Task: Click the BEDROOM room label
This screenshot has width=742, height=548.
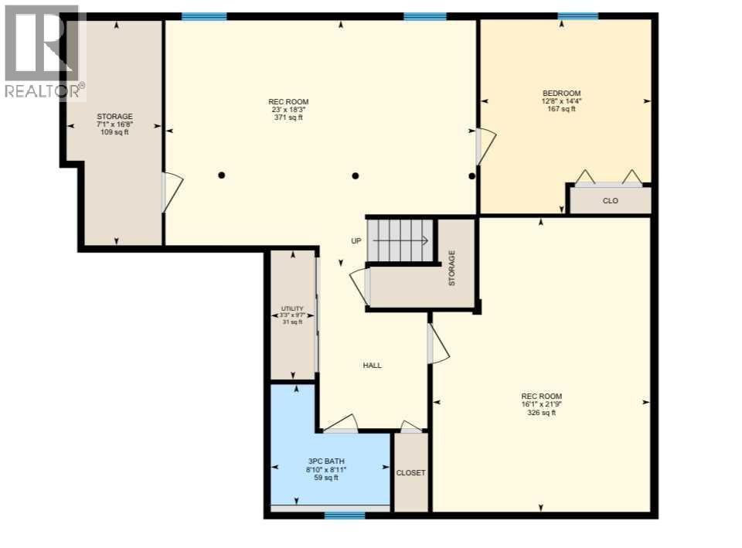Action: coord(561,94)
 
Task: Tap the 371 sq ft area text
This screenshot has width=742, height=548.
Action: coord(288,117)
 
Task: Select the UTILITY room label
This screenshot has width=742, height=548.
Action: coord(292,308)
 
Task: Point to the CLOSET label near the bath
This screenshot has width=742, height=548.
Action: coord(410,473)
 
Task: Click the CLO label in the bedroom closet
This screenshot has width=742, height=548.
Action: coord(611,200)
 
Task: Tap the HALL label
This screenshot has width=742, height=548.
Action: coord(372,366)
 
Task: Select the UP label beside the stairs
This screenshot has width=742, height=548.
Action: coord(356,241)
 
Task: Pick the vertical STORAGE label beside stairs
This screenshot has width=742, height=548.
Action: coord(452,267)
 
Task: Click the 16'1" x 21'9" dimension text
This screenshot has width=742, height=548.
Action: coord(541,404)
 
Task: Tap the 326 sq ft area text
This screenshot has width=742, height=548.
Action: coord(541,413)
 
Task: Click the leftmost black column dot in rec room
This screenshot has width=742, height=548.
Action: coord(222,175)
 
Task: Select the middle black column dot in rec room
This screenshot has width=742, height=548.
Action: coord(355,175)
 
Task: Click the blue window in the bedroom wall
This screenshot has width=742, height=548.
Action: coord(578,15)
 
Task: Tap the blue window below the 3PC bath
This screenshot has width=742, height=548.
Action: coord(345,515)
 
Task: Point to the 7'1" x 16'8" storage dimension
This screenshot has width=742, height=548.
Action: coord(114,124)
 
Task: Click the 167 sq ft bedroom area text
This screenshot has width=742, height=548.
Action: coord(561,109)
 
